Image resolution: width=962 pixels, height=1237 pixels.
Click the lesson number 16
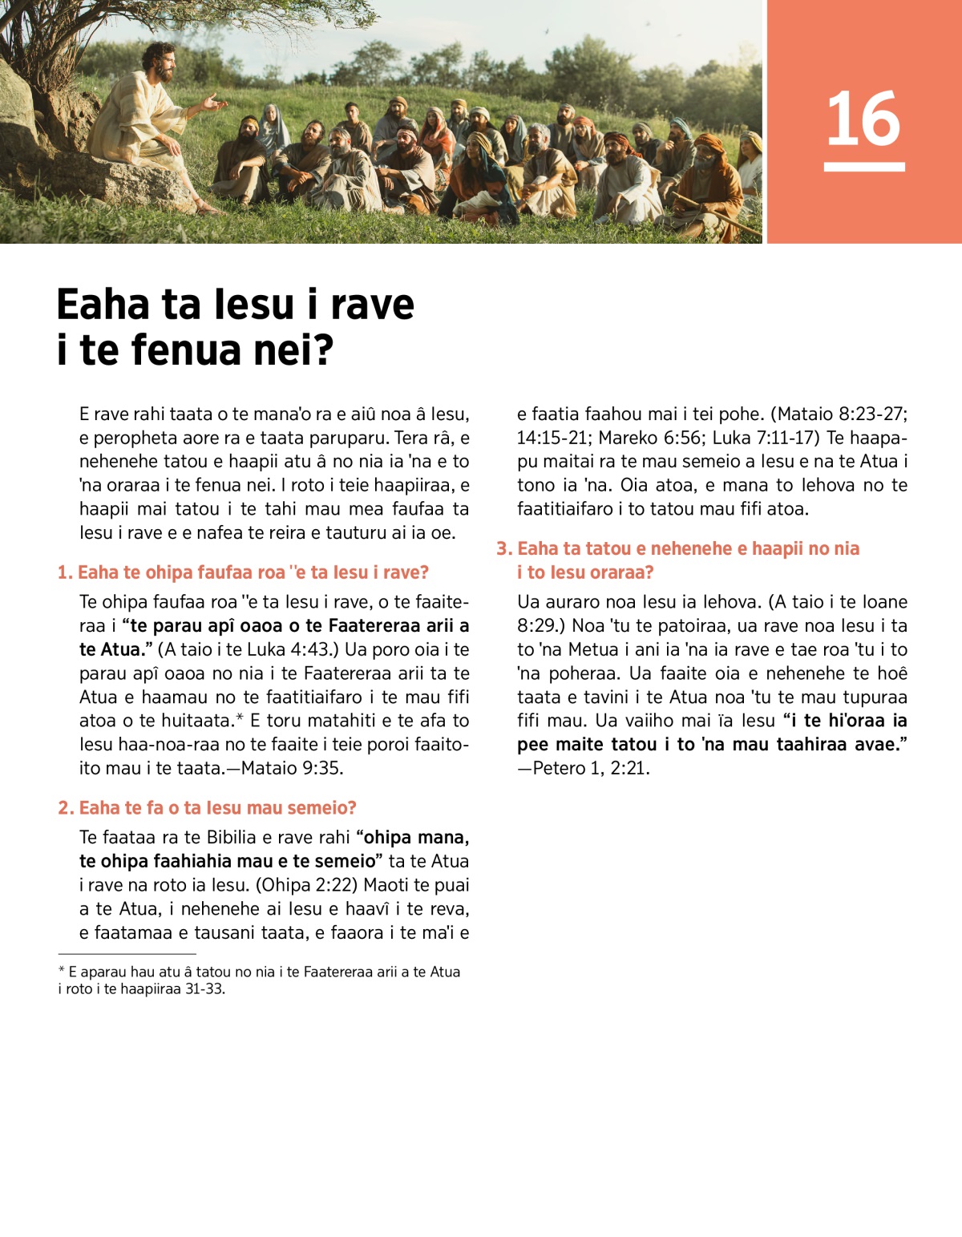point(863,119)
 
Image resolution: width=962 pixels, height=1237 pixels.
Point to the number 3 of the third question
point(503,548)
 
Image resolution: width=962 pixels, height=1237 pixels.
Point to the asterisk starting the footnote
point(61,971)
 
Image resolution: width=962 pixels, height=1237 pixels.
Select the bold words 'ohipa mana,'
point(416,838)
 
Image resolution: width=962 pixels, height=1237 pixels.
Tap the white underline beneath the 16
point(863,167)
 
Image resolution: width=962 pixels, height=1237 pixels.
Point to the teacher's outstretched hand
point(214,102)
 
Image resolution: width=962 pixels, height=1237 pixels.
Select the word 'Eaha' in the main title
point(103,305)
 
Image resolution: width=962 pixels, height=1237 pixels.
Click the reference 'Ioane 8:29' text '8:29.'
point(536,625)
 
